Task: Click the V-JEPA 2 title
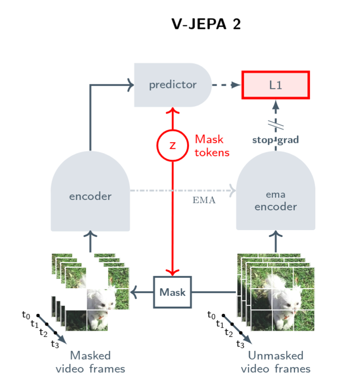pos(206,24)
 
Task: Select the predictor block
pos(173,85)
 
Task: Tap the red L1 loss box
pos(276,85)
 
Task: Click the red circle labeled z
pos(173,145)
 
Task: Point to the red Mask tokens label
pos(212,146)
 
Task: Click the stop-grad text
pos(276,140)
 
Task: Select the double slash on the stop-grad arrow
pos(276,125)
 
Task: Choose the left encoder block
pos(90,191)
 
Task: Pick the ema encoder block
pos(276,190)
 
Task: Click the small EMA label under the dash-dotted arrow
pos(204,200)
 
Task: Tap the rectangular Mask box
pos(173,292)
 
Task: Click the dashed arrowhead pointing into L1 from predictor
pos(235,85)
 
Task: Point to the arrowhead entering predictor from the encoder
pos(131,85)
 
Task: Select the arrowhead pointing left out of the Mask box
pos(134,292)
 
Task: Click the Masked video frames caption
pos(90,362)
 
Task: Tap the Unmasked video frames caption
pos(276,362)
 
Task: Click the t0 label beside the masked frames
pos(26,315)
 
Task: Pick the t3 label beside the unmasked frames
pos(240,344)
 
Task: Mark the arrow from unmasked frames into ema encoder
pos(276,241)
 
